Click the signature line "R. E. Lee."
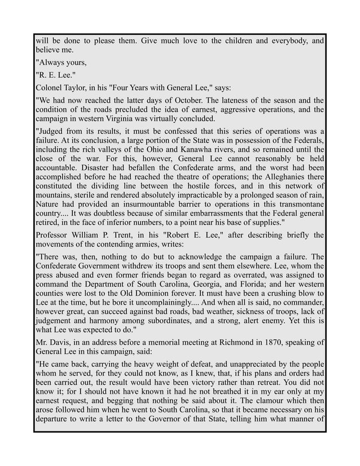(x=55, y=76)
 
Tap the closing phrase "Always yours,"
(x=60, y=63)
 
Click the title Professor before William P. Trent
(x=55, y=234)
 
